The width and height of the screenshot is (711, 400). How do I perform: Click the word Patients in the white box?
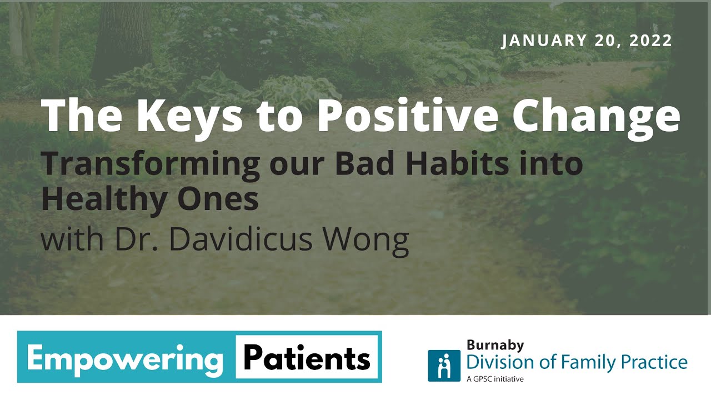pos(307,359)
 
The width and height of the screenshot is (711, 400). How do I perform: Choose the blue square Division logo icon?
pos(444,365)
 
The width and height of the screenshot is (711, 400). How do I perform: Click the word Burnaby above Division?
pos(495,345)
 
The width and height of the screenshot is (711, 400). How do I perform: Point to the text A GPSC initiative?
pos(495,379)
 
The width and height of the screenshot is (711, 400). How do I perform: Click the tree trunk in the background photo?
pos(122,39)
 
